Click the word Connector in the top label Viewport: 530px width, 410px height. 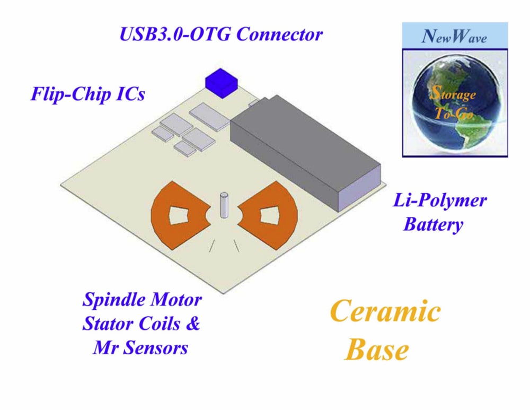[x=279, y=34]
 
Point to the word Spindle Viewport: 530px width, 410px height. [x=112, y=300]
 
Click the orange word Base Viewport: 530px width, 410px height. [x=377, y=350]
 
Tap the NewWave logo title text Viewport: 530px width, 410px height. [x=454, y=36]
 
